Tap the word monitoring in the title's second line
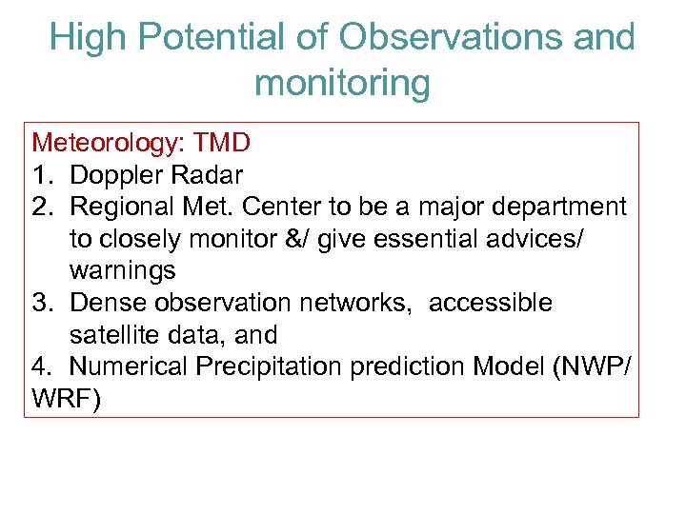[x=342, y=84]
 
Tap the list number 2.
[x=43, y=207]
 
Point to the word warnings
[x=122, y=270]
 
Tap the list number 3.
[x=43, y=303]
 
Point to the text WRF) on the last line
[x=65, y=399]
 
